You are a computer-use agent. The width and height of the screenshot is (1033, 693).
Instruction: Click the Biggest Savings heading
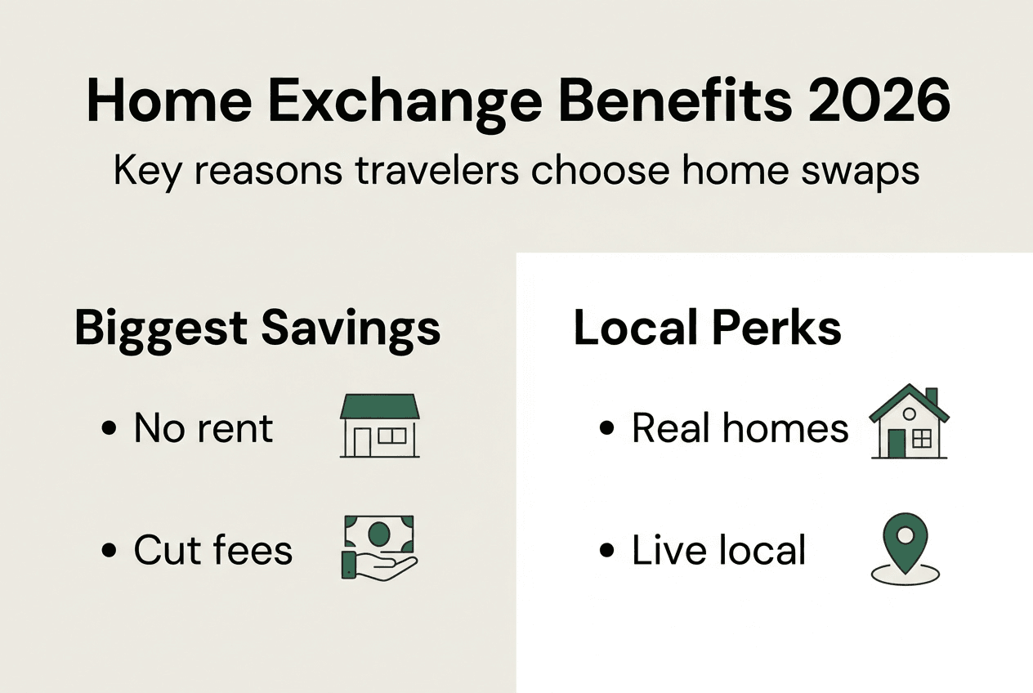pyautogui.click(x=257, y=328)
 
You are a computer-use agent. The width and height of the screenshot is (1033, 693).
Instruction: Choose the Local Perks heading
pyautogui.click(x=707, y=328)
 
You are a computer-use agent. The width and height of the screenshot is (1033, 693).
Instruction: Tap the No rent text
pyautogui.click(x=203, y=428)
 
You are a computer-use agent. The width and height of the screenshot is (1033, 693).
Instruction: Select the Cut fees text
pyautogui.click(x=213, y=550)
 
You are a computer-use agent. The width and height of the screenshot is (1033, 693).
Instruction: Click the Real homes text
pyautogui.click(x=740, y=428)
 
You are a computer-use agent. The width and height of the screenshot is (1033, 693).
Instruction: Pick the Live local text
pyautogui.click(x=719, y=550)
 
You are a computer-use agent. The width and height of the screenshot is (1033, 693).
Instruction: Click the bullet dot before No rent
pyautogui.click(x=109, y=430)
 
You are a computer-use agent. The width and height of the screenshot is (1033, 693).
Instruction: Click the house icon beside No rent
pyautogui.click(x=378, y=426)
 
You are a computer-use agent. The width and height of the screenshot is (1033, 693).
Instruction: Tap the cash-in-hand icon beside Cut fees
pyautogui.click(x=378, y=547)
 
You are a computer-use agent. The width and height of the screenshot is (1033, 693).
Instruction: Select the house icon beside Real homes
pyautogui.click(x=909, y=423)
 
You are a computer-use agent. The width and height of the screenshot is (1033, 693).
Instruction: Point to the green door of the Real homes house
pyautogui.click(x=897, y=444)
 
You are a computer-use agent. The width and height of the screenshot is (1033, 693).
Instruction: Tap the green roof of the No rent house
pyautogui.click(x=378, y=406)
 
